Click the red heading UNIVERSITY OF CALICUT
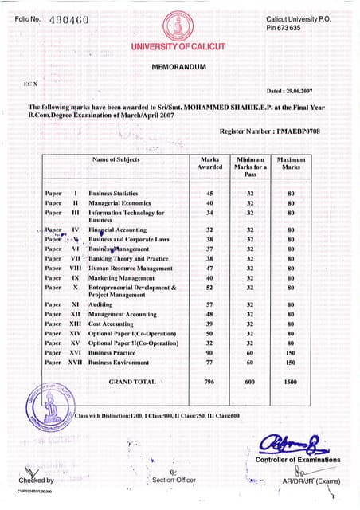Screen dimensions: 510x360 click(178, 46)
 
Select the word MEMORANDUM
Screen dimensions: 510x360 click(178, 68)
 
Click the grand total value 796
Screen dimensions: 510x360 click(209, 382)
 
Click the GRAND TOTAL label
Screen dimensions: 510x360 click(132, 382)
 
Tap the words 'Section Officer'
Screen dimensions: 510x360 click(173, 480)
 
